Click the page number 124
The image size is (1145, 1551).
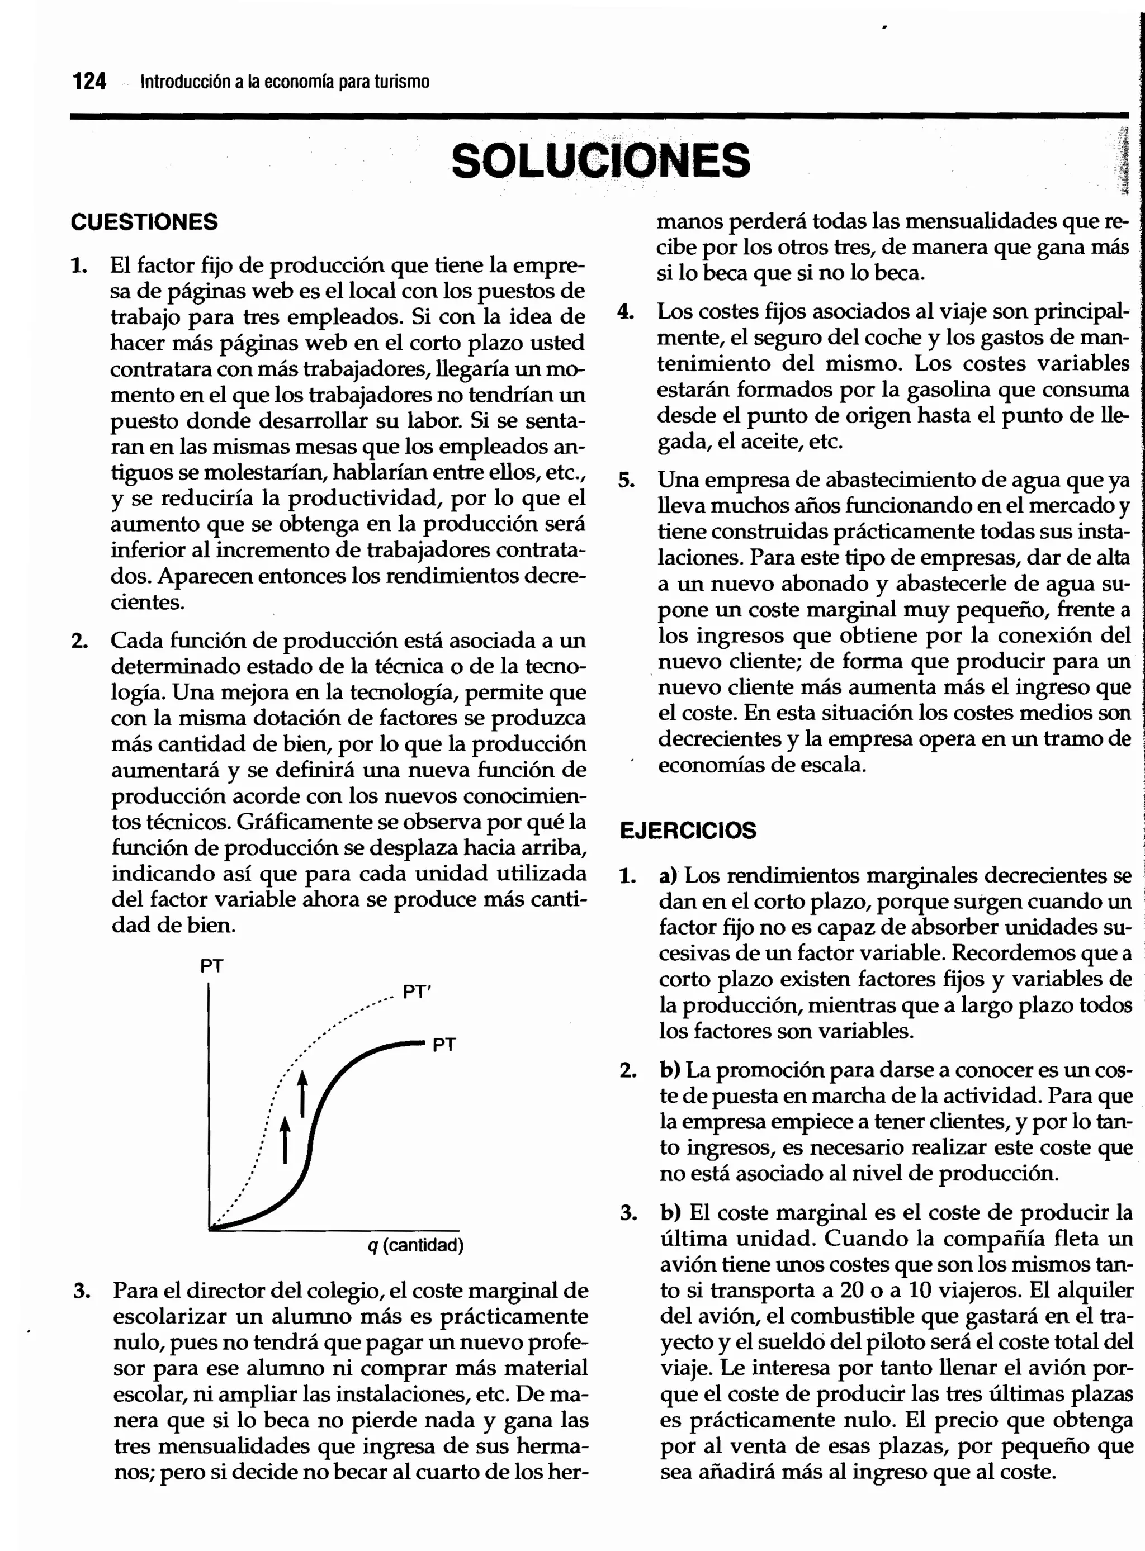[x=89, y=82]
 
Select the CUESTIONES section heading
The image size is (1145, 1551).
[x=144, y=222]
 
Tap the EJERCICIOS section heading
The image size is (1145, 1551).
[x=688, y=831]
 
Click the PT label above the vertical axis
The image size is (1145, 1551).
[x=211, y=966]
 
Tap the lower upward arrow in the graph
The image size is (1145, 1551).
[x=285, y=1139]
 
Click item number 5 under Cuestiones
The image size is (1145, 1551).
[x=626, y=480]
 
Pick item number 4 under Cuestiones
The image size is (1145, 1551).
[x=626, y=312]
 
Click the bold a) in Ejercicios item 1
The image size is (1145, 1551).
[x=668, y=876]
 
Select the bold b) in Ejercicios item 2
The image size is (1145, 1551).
[x=670, y=1070]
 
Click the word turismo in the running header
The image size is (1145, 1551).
[x=402, y=82]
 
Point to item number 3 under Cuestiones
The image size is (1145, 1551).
[x=82, y=1291]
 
